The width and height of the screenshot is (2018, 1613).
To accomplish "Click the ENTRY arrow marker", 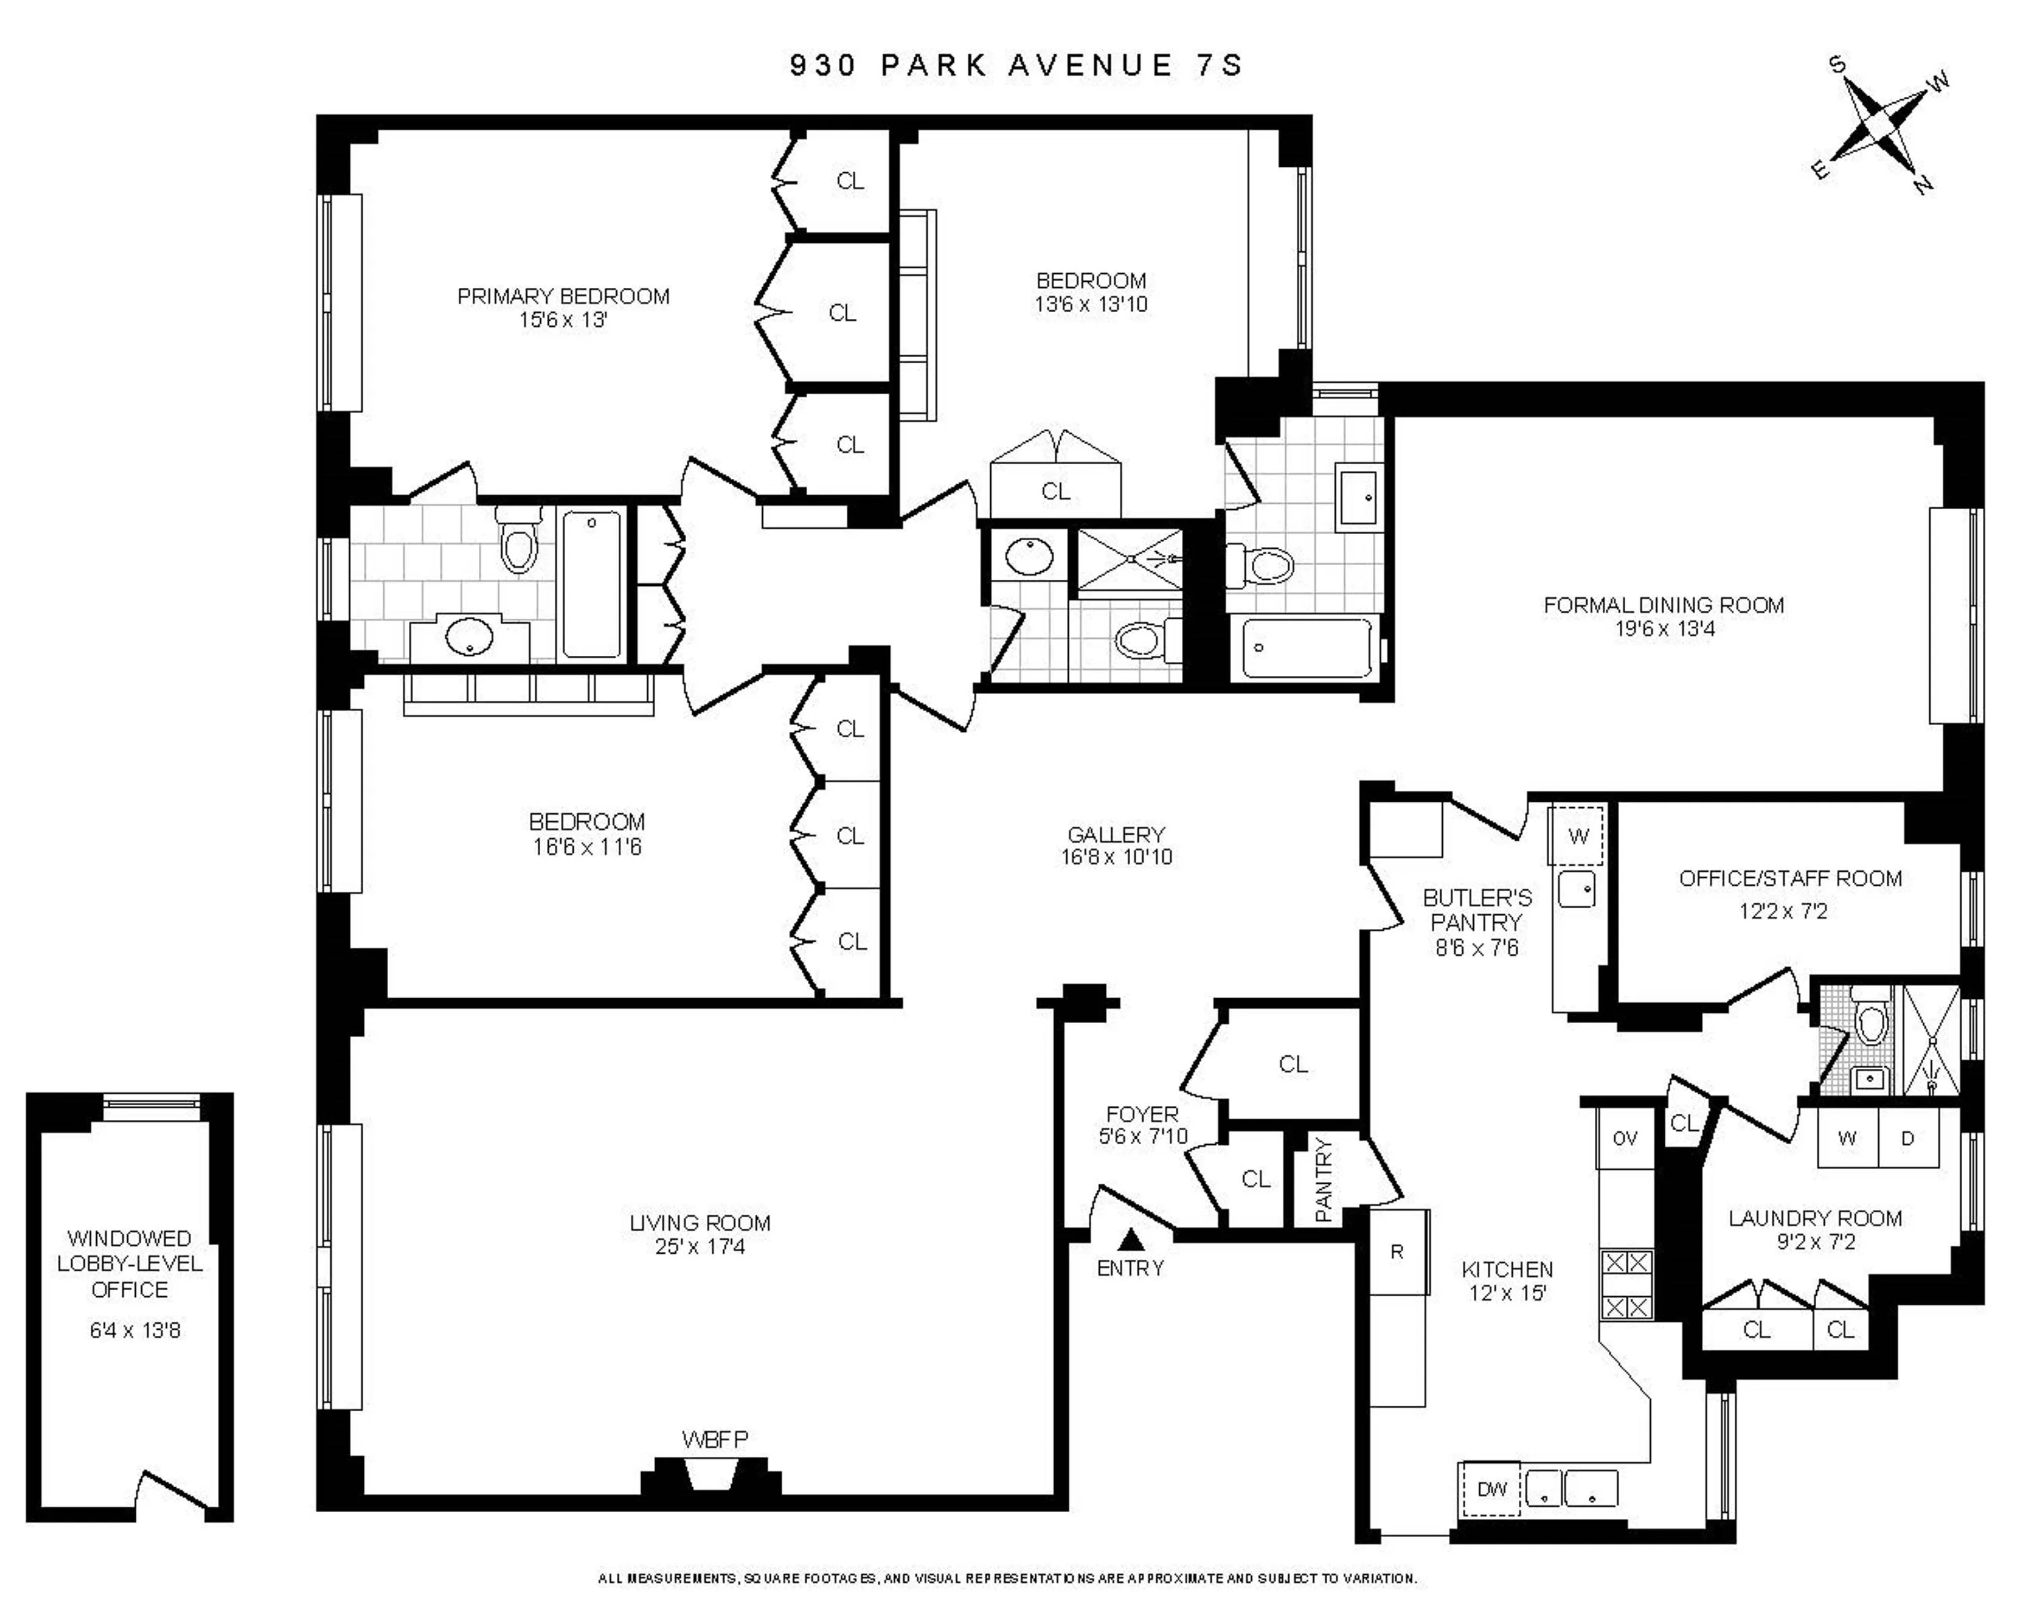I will tap(1131, 1240).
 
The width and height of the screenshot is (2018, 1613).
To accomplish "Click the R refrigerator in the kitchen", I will tap(1397, 1252).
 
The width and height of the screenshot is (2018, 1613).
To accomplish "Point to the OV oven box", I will tap(1625, 1138).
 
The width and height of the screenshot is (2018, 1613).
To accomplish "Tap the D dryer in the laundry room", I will tap(1908, 1138).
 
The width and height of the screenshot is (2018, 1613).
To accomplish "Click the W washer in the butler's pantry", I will tap(1578, 836).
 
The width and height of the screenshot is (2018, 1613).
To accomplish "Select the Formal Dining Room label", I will tap(1664, 605).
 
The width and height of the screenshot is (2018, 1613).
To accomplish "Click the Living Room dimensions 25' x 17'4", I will tap(700, 1247).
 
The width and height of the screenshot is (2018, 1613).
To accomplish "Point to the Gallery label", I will tap(1116, 834).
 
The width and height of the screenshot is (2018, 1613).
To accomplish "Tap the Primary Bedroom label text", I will tap(564, 297).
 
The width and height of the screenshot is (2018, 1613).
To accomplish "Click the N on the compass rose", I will tap(1923, 184).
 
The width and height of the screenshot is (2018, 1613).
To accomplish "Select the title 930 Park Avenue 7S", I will tap(1016, 65).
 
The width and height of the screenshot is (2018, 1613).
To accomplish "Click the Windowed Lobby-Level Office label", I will tap(130, 1264).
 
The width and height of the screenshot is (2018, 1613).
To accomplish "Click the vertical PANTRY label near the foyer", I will tap(1322, 1180).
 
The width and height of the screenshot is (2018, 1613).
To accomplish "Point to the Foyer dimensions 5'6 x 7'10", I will tap(1143, 1137).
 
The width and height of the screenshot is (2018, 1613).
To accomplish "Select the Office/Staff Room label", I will tap(1789, 879).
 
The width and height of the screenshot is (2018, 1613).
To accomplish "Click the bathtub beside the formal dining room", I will tap(1308, 648).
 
